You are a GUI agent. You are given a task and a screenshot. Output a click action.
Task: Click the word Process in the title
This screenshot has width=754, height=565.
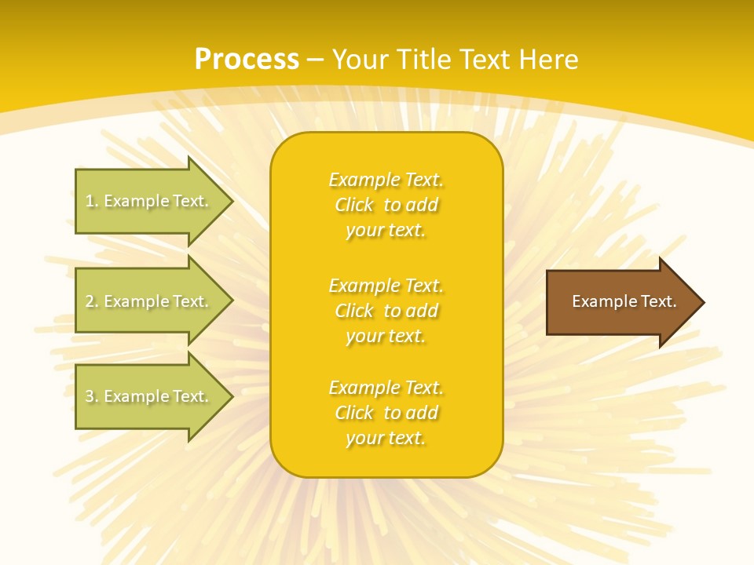click(x=247, y=60)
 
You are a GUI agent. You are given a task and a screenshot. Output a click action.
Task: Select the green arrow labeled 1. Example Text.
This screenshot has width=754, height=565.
click(x=149, y=201)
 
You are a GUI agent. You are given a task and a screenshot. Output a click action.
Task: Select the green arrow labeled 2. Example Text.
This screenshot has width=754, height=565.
click(x=149, y=301)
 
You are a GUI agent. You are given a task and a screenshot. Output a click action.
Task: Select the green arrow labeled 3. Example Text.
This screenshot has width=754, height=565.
click(x=149, y=396)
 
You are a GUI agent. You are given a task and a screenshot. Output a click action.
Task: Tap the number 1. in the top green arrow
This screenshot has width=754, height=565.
click(x=92, y=201)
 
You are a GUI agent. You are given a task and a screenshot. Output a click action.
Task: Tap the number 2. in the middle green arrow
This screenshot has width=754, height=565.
click(x=92, y=301)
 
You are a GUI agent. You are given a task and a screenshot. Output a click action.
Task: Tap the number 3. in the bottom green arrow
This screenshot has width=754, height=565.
click(x=92, y=396)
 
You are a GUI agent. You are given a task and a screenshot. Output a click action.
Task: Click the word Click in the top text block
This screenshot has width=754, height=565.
click(x=354, y=206)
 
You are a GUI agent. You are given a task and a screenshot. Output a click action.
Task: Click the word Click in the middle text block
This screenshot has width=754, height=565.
click(x=354, y=312)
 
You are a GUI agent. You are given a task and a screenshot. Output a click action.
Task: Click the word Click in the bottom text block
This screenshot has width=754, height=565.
click(x=354, y=414)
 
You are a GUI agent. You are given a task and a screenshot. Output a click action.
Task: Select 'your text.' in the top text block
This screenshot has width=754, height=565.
click(x=386, y=231)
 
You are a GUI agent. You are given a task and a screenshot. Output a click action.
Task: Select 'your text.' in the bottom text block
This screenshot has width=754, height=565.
click(x=386, y=439)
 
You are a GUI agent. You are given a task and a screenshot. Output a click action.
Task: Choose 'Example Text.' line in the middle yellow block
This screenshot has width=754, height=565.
click(x=386, y=286)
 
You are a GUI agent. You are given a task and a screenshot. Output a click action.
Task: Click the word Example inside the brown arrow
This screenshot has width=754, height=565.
click(x=598, y=301)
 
